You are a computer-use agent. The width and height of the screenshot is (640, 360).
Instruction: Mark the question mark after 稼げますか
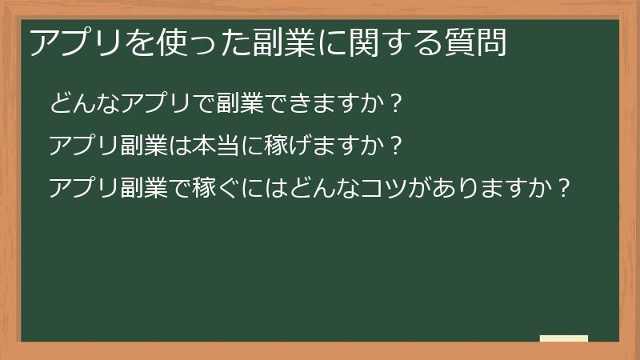[x=391, y=146]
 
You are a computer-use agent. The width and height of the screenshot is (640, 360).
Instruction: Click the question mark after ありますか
[x=564, y=190]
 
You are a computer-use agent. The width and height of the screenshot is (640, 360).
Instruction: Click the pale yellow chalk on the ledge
[x=564, y=338]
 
